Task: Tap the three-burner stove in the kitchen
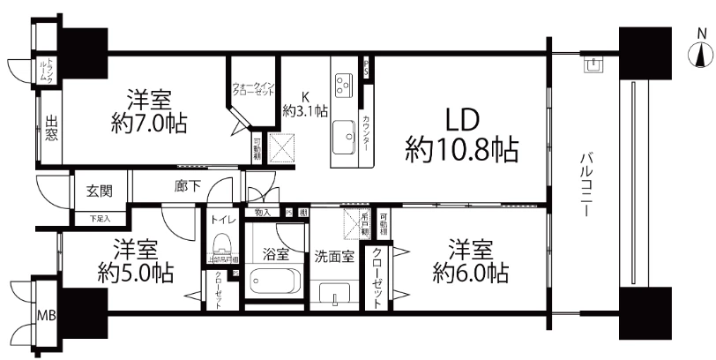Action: coord(342,85)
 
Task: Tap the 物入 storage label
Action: coord(263,213)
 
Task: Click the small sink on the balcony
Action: coord(593,64)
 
